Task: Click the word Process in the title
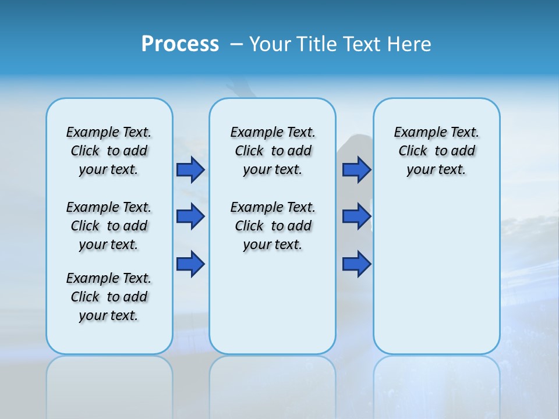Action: click(180, 44)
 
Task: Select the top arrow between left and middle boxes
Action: click(190, 169)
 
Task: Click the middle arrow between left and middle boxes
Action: click(190, 216)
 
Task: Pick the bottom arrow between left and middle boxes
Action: click(190, 264)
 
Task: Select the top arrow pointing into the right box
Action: click(356, 169)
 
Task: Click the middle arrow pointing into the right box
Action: click(356, 216)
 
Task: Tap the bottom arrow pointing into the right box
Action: click(356, 264)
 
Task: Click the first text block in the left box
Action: click(109, 151)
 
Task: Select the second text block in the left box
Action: click(109, 226)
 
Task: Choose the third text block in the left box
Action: click(109, 297)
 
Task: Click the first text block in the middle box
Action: click(273, 151)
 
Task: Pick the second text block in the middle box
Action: click(273, 226)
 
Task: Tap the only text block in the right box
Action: click(436, 151)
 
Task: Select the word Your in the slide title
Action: click(270, 44)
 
